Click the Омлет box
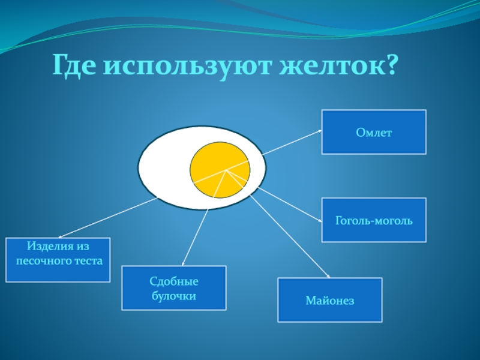pyautogui.click(x=374, y=132)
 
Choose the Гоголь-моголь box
pyautogui.click(x=374, y=220)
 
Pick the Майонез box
pyautogui.click(x=329, y=300)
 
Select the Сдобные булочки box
pyautogui.click(x=174, y=288)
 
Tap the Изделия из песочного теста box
pyautogui.click(x=58, y=260)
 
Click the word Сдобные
pyautogui.click(x=174, y=282)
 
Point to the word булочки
pyautogui.click(x=174, y=296)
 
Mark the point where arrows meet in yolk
pyautogui.click(x=226, y=171)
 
